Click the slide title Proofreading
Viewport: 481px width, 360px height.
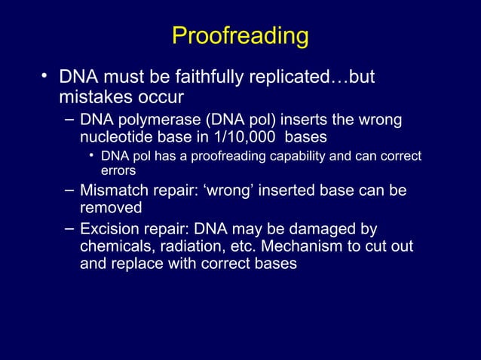(x=240, y=36)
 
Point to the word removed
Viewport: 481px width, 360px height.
(x=111, y=208)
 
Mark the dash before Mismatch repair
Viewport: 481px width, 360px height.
(x=69, y=189)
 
